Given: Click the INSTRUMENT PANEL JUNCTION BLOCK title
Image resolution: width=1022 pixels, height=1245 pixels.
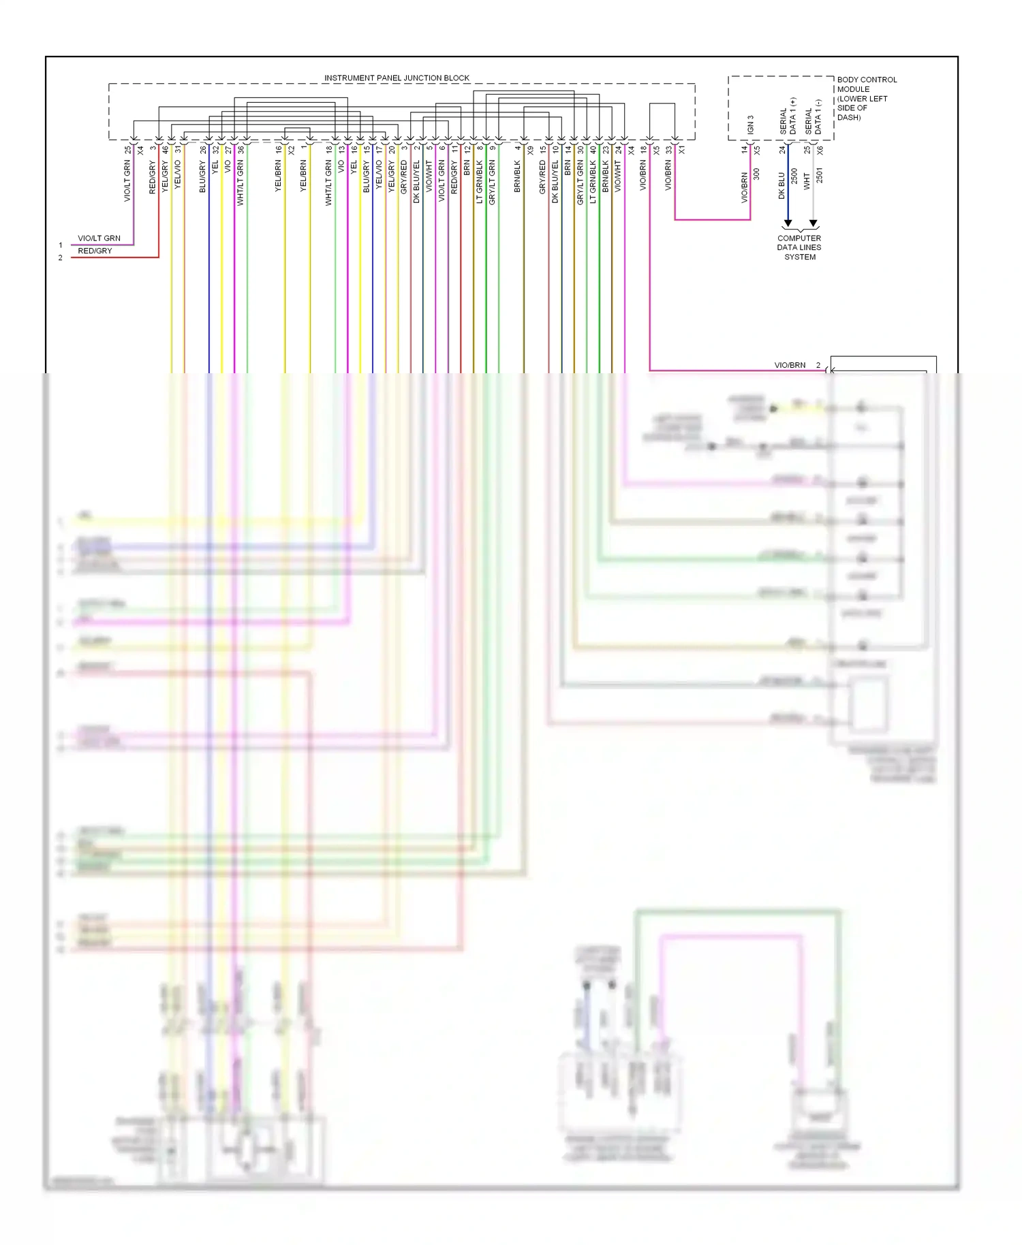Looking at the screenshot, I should coord(397,78).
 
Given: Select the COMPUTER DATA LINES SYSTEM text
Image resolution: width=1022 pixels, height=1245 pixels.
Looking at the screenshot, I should coord(799,247).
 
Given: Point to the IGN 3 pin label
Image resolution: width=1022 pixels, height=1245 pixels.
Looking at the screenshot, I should coord(751,125).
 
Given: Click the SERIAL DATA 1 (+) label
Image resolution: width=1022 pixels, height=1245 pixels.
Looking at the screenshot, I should coord(788,116).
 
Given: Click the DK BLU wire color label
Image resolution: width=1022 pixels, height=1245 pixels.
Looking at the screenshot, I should coord(781,185).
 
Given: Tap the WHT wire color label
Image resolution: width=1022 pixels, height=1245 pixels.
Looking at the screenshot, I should coord(807,181).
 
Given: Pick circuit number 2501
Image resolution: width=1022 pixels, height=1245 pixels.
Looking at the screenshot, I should coord(820,176).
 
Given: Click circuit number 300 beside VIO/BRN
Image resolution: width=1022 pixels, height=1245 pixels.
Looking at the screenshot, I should coord(756,174).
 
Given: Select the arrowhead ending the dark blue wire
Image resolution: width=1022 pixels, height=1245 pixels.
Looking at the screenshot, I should coord(788,223).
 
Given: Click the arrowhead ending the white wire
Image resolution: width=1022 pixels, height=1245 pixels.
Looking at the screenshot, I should coord(813,223).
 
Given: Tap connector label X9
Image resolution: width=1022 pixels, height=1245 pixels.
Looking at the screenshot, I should coord(531,150).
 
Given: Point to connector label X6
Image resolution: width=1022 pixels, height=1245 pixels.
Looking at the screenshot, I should coord(820,149).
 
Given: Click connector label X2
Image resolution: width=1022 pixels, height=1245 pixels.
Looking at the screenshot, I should coord(292,150).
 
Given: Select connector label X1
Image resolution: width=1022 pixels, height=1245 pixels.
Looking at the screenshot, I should coord(681,149).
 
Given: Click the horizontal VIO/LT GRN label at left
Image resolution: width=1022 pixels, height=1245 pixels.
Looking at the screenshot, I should coord(99,238).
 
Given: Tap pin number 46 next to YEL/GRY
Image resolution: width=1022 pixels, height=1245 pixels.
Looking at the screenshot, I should coord(165,149).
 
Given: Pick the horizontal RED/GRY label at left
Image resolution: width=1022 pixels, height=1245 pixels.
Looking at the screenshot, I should coord(95,251).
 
